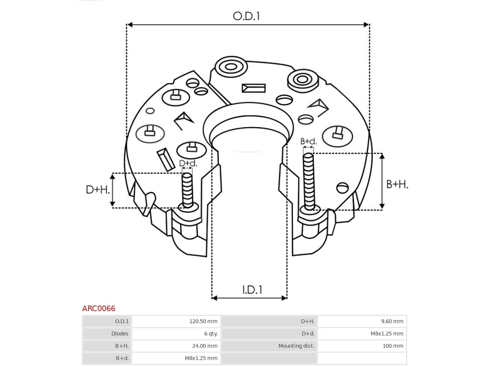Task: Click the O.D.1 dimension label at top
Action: click(x=246, y=16)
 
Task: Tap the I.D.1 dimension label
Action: click(x=252, y=290)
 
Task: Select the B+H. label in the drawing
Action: click(x=397, y=184)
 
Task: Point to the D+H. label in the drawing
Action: click(x=98, y=190)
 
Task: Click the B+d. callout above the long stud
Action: click(x=308, y=141)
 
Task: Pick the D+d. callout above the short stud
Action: click(x=188, y=163)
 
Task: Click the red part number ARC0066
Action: click(x=99, y=309)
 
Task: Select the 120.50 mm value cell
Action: click(x=176, y=321)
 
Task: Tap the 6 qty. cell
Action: click(x=176, y=334)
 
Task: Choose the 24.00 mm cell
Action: click(x=176, y=346)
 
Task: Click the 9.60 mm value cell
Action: click(x=362, y=321)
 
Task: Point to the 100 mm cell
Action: click(x=362, y=346)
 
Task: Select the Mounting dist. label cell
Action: click(x=269, y=346)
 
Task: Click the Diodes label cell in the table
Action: click(x=107, y=334)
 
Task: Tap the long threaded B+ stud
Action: click(x=309, y=182)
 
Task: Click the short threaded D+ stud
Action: click(x=187, y=190)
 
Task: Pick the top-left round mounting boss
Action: click(x=231, y=67)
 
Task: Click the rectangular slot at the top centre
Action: click(x=254, y=88)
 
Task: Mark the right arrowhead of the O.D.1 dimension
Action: click(x=366, y=24)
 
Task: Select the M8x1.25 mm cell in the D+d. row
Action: click(x=362, y=334)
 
